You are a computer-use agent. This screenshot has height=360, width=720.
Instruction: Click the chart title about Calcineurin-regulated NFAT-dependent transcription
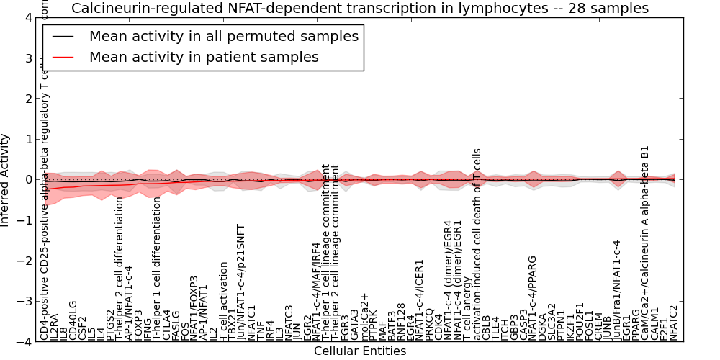pos(359,8)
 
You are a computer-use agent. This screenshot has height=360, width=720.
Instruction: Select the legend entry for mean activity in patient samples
pos(204,57)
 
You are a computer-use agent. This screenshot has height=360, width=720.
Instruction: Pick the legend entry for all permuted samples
pos(223,36)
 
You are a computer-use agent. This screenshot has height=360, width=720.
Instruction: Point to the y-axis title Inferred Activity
pos(6,180)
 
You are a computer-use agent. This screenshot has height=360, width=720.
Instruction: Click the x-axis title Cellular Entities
pos(359,351)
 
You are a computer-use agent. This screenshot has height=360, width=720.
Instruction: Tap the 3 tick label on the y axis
pos(27,58)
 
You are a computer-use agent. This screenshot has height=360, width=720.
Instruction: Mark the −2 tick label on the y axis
pos(24,261)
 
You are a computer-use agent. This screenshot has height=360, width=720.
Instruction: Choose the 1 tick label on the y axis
pos(27,140)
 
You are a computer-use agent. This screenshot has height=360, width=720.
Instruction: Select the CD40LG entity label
pos(73,320)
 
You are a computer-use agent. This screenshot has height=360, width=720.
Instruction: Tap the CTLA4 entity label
pos(166,325)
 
